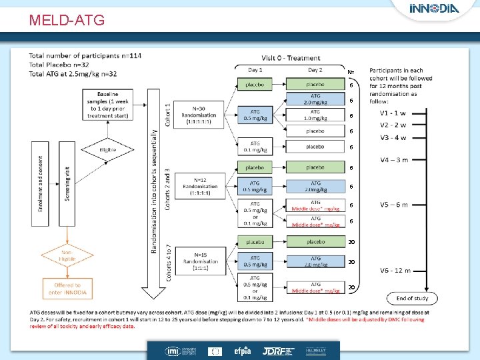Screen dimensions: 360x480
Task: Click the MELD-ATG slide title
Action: pyautogui.click(x=67, y=20)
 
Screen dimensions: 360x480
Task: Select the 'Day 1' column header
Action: pyautogui.click(x=255, y=70)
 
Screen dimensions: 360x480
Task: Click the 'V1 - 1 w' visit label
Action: pyautogui.click(x=393, y=113)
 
